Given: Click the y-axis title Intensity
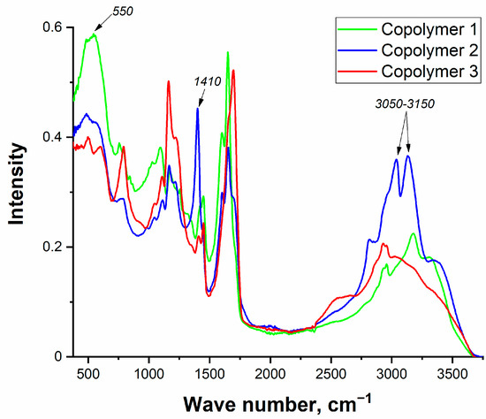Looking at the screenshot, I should pyautogui.click(x=17, y=189).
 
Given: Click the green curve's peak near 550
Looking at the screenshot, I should pyautogui.click(x=94, y=34).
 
